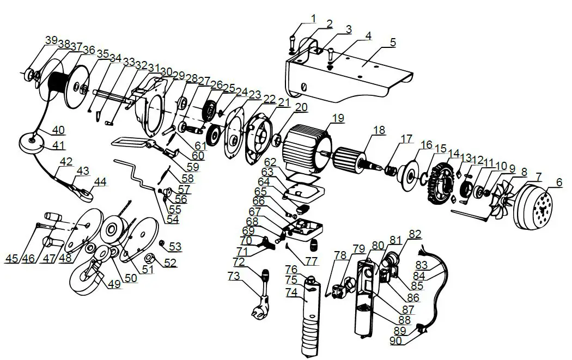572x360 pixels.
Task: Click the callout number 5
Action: click(393, 41)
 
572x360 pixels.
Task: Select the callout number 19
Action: click(338, 118)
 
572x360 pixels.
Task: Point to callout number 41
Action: click(58, 145)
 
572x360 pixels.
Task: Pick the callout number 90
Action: click(396, 340)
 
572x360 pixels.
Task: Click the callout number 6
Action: click(558, 184)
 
